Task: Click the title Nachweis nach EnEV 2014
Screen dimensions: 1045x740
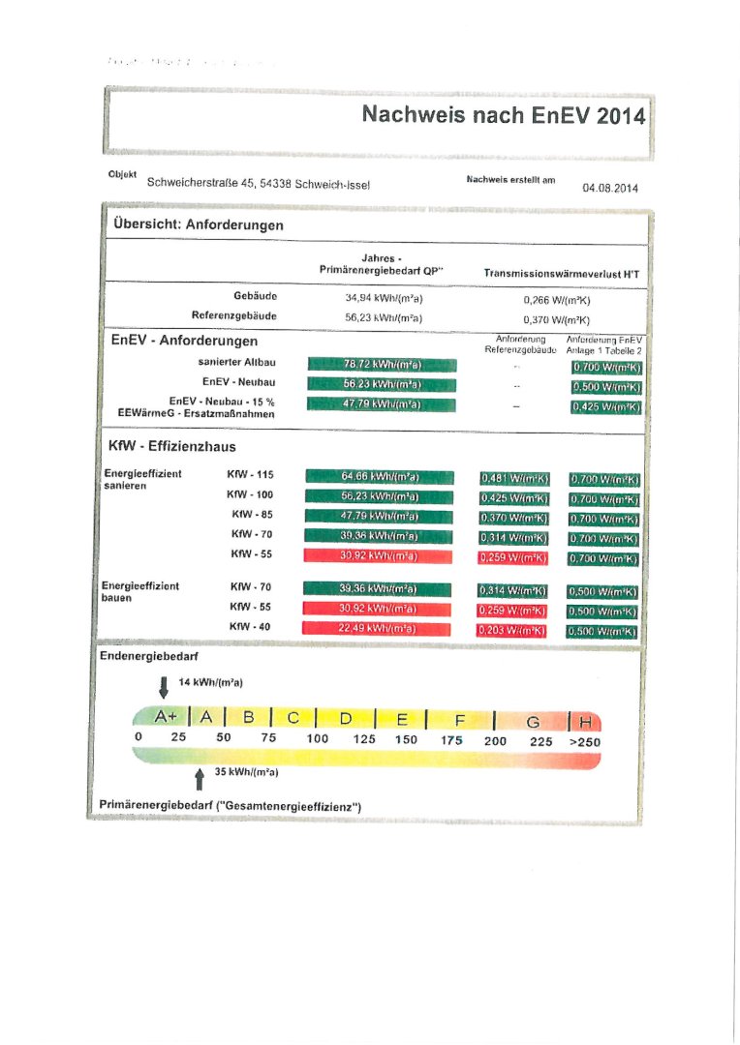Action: tap(502, 115)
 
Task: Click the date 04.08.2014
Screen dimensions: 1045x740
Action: tap(610, 188)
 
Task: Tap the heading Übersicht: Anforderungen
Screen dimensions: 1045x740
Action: tap(198, 224)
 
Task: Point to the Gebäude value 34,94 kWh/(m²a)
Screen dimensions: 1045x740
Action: tap(378, 299)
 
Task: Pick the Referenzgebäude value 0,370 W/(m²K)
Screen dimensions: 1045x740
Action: tap(556, 319)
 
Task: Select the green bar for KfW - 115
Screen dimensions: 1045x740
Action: tap(379, 476)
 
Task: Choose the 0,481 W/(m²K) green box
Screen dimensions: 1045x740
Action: tap(514, 478)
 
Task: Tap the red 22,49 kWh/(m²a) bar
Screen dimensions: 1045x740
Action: tap(378, 628)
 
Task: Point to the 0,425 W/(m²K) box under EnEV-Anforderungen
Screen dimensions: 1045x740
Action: tap(605, 407)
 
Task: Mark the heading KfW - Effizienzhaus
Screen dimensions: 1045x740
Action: tap(172, 446)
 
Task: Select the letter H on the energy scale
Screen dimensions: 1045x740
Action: tap(585, 721)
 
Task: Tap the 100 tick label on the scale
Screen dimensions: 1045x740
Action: tap(318, 739)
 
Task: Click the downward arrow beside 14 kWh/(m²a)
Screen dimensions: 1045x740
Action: tap(164, 686)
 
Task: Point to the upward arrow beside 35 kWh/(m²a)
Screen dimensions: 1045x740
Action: tap(199, 776)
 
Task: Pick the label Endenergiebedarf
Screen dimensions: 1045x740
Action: tap(145, 656)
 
